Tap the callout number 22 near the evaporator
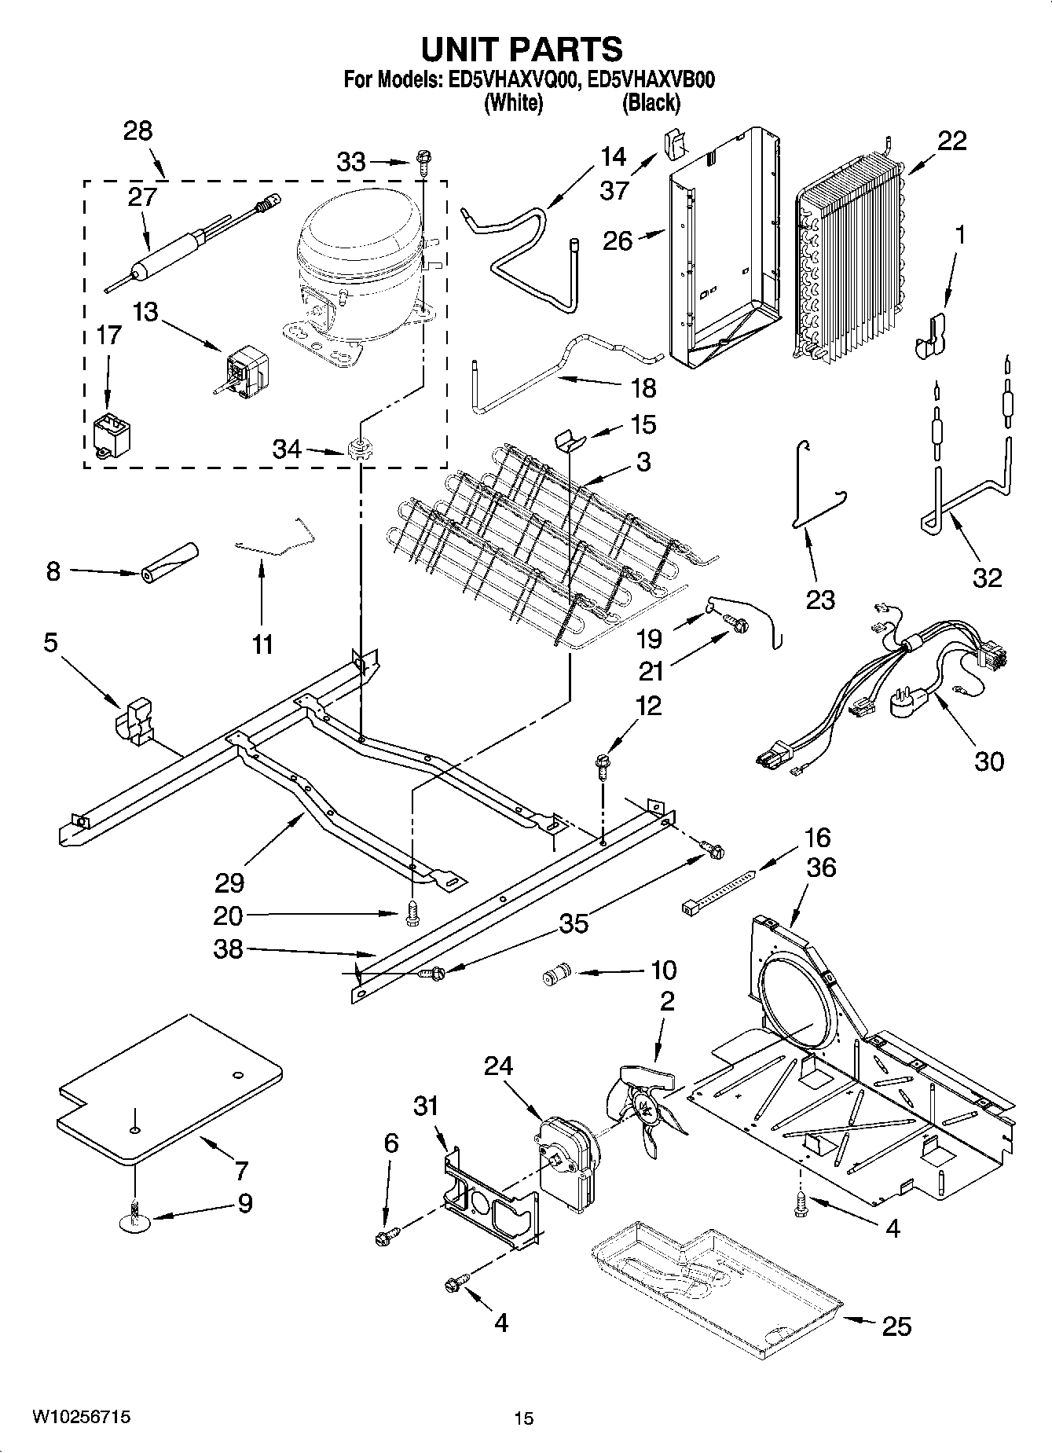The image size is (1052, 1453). tap(951, 141)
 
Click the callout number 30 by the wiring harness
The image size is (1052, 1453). tap(989, 761)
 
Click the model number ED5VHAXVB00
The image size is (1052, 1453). tap(651, 79)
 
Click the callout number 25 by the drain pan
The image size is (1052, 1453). tap(896, 1326)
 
